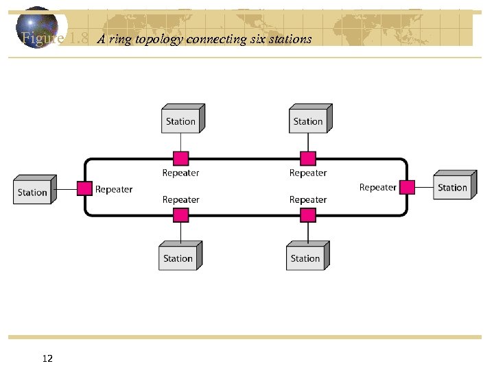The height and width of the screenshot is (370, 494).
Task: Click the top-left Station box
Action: [x=181, y=121]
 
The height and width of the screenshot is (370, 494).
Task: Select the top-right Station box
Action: [x=308, y=121]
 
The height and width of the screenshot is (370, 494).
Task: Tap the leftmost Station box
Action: [x=32, y=191]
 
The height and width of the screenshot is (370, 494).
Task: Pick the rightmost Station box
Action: [x=452, y=187]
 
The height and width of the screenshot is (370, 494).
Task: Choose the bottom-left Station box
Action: [x=178, y=258]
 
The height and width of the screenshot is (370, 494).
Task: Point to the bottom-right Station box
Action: [x=305, y=258]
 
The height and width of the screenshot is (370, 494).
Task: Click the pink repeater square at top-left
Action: [x=180, y=159]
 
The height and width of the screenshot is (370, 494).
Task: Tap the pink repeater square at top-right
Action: [x=308, y=159]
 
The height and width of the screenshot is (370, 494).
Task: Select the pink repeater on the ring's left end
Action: [x=84, y=188]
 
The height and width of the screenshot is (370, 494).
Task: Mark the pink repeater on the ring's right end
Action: [x=408, y=186]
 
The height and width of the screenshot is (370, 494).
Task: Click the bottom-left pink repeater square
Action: [x=180, y=215]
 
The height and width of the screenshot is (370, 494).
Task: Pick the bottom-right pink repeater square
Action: [x=308, y=215]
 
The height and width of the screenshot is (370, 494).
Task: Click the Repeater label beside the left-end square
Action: [x=114, y=189]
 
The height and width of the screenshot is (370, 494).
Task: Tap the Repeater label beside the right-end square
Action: [x=378, y=187]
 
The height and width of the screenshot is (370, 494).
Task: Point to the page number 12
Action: [x=48, y=358]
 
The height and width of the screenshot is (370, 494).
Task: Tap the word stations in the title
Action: [x=290, y=39]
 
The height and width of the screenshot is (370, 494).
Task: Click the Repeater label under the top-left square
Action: [x=180, y=173]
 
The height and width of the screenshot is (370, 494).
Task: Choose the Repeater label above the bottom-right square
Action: [x=308, y=199]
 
